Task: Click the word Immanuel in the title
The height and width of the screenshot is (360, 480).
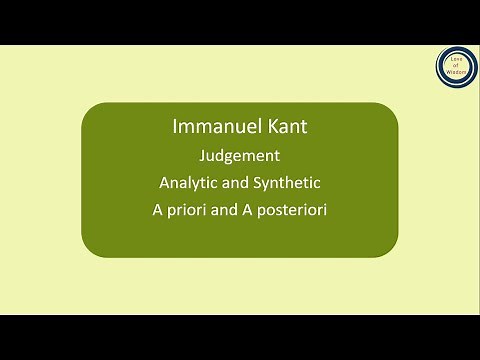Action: pos(214,129)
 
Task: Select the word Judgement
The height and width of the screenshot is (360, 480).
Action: pos(239,156)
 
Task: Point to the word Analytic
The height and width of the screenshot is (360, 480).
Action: pos(189,183)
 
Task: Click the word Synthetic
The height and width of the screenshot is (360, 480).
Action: pos(286,183)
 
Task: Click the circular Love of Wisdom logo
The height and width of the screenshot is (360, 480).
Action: pos(456,66)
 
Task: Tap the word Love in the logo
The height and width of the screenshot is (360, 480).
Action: pos(456,59)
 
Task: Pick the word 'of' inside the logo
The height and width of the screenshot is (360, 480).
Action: pos(456,66)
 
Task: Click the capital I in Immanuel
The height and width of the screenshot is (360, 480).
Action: pos(174,129)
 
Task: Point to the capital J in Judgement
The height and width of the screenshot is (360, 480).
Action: pos(203,156)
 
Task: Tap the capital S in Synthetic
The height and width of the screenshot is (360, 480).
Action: pos(257,183)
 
